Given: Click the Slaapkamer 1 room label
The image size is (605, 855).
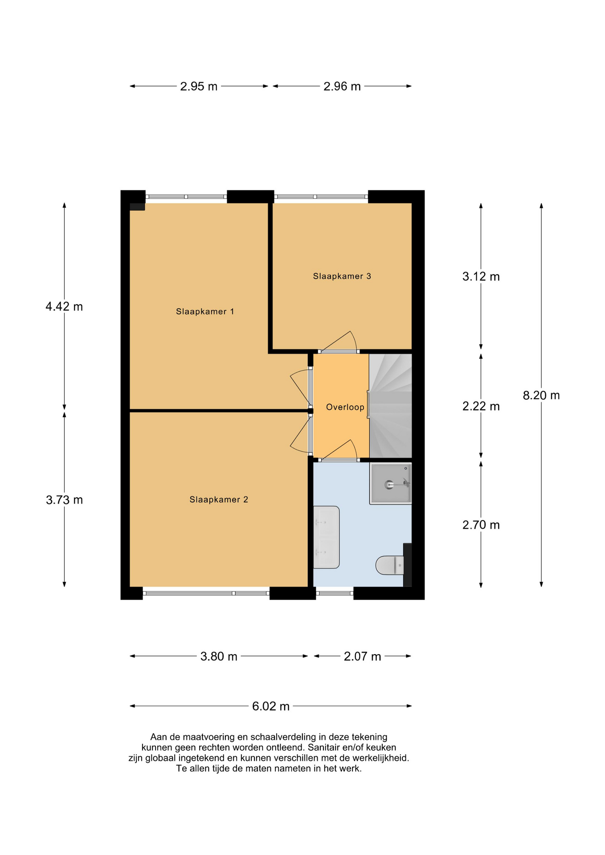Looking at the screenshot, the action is tap(205, 312).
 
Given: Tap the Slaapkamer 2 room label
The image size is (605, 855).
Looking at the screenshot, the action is tap(219, 500).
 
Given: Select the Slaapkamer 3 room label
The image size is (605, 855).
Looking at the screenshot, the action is tap(342, 276).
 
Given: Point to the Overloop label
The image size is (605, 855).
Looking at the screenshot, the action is tap(345, 407).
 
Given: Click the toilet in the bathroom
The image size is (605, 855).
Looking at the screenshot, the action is tap(390, 565).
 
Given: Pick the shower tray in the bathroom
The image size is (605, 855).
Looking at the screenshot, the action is tap(390, 484).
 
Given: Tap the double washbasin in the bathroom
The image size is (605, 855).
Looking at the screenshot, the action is tap(326, 537).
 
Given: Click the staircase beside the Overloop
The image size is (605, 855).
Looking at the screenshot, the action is tap(390, 406).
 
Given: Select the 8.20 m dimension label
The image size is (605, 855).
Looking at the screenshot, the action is tap(541, 395).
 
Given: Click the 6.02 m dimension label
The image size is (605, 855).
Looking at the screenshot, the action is tap(271, 706).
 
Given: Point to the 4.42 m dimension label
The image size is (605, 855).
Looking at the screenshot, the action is tap(64, 306).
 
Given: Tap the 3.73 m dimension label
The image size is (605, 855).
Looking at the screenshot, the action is tap(64, 500).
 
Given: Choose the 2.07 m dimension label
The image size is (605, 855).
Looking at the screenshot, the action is tap(362, 656).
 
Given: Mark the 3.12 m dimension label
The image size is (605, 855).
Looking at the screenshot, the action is tap(481, 277).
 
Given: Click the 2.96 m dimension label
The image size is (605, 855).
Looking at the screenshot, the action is tap(342, 86).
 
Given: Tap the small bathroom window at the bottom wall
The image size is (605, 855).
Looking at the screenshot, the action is tap(335, 593).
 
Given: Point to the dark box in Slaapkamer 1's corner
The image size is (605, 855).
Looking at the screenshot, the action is tap(137, 207).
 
